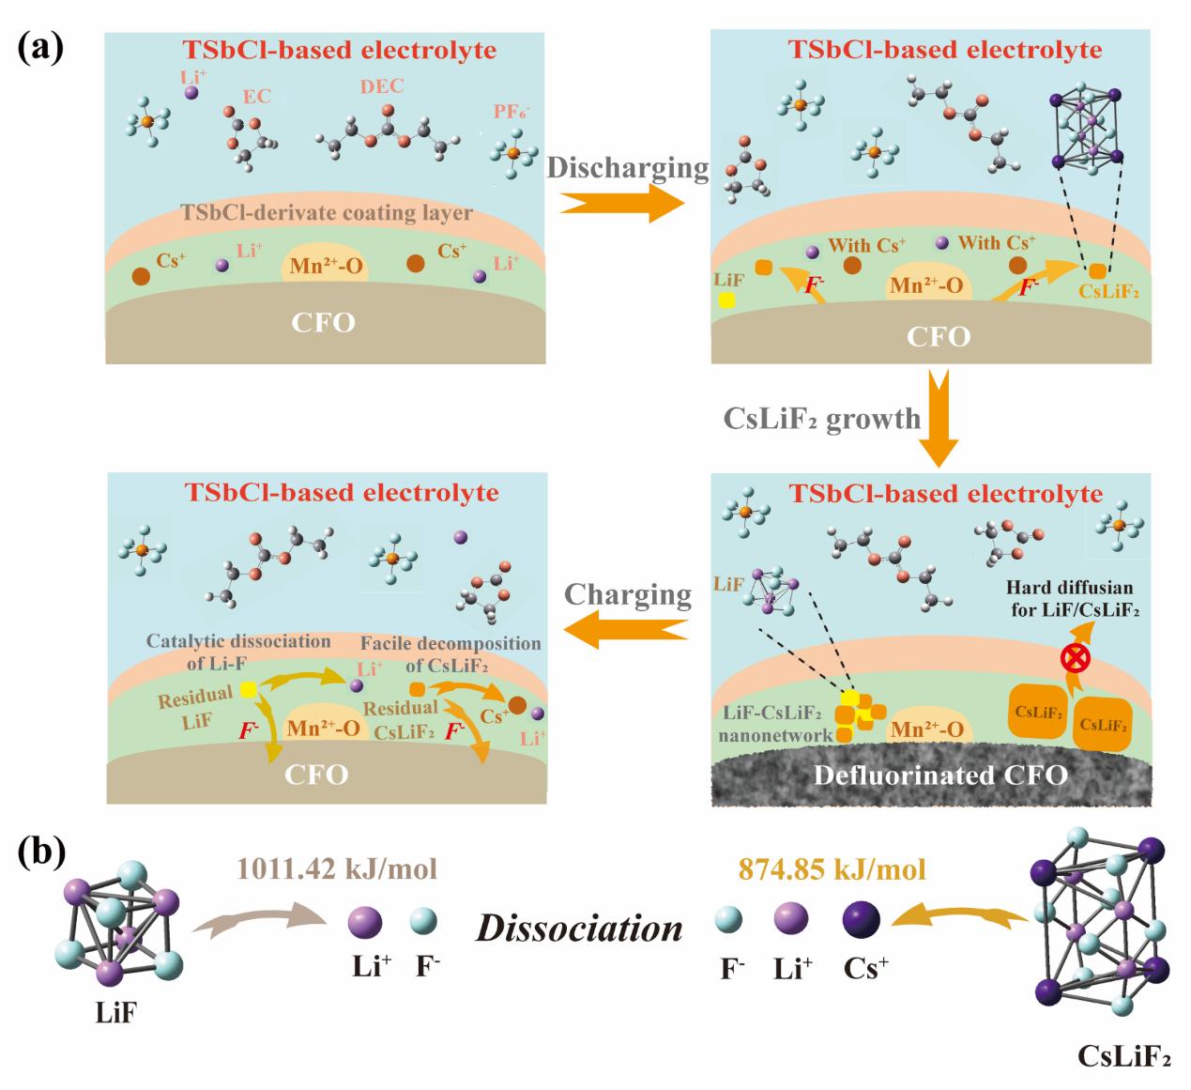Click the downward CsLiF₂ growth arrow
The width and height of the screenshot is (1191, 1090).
938,419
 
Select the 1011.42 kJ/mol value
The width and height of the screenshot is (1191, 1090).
337,868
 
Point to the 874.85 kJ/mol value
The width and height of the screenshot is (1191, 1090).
832,869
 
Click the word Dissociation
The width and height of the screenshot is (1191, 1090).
579,929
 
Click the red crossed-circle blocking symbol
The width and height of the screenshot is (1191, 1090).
1075,658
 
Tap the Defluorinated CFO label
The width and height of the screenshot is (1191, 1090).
940,775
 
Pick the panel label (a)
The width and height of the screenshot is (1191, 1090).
40,46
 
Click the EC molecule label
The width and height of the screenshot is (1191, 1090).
256,97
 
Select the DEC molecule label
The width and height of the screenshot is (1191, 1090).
382,86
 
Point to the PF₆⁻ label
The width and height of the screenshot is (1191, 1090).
511,112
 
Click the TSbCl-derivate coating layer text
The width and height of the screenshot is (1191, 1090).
327,213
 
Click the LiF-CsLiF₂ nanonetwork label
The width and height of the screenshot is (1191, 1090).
771,724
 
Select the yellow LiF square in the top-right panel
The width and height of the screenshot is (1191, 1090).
726,299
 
